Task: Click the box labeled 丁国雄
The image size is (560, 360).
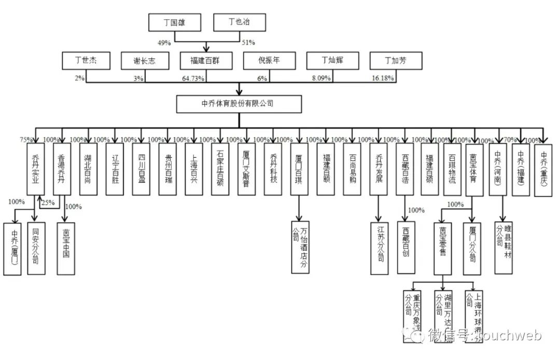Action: [174, 22]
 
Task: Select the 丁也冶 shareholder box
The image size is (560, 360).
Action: [239, 22]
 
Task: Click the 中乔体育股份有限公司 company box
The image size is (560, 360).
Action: [238, 104]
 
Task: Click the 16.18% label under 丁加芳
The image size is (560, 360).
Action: [383, 78]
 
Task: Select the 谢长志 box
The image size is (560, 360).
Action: [145, 61]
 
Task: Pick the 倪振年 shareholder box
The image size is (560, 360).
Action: [269, 61]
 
